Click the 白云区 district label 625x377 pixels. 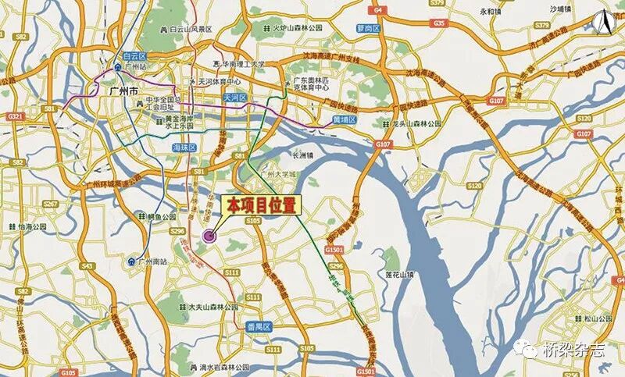tap(135, 56)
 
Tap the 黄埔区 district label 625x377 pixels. tap(345, 120)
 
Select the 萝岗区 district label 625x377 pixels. tap(367, 27)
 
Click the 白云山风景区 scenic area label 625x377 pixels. tap(186, 29)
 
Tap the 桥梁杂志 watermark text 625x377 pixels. tap(574, 350)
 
